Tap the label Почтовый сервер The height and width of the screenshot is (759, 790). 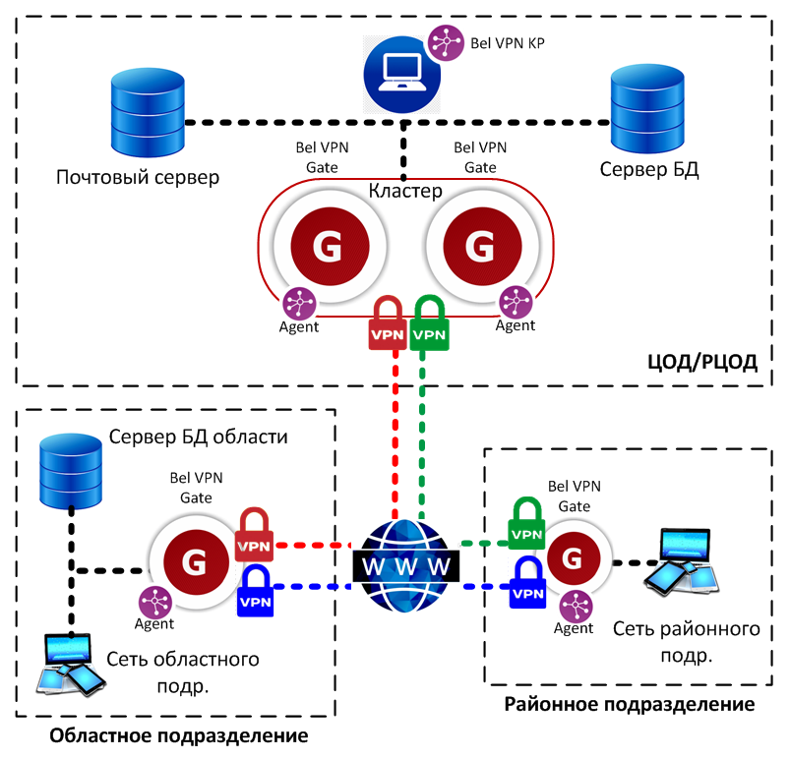137,178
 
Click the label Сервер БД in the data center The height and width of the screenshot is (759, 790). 649,169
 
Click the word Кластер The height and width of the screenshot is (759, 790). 405,189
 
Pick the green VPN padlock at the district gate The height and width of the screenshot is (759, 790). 526,525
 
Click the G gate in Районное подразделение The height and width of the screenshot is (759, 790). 571,558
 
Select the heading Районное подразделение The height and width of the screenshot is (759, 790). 630,704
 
